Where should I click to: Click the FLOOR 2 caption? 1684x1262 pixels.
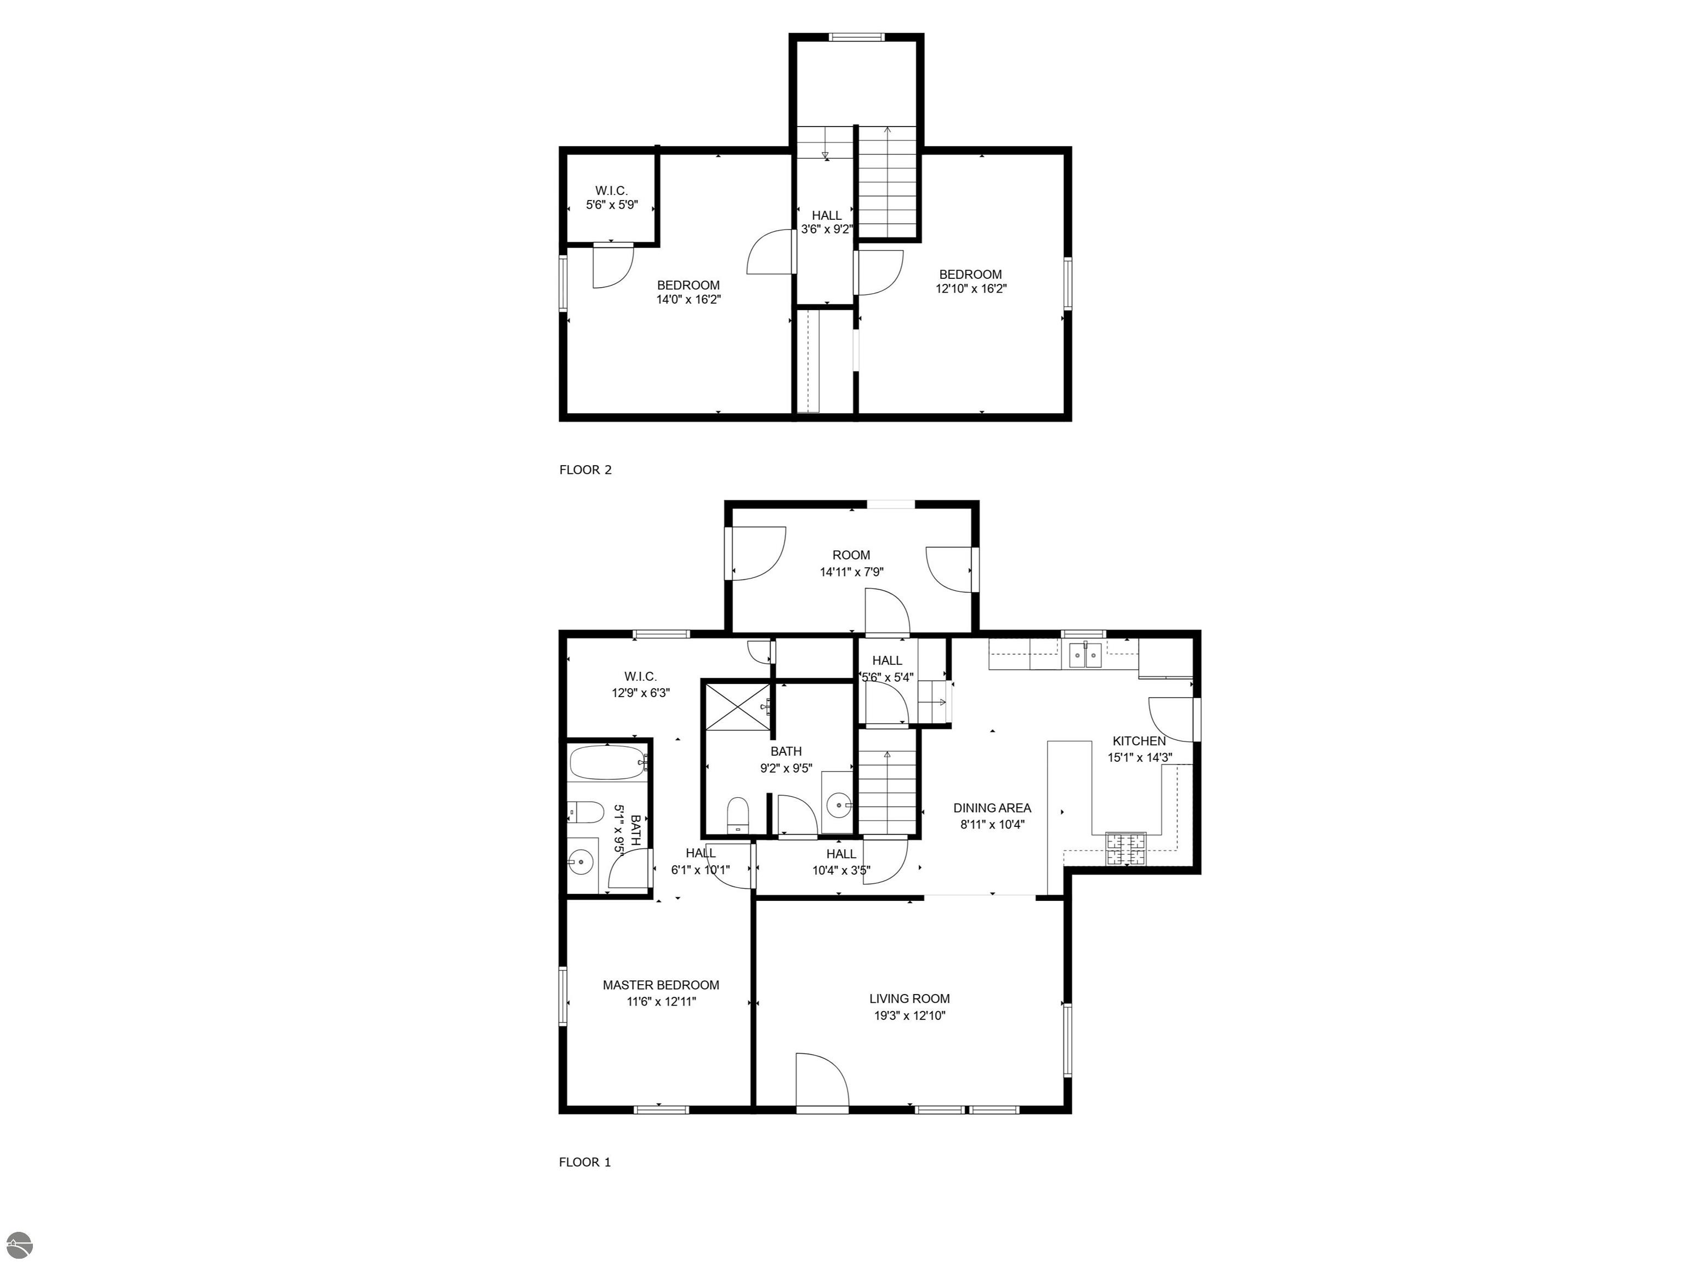pyautogui.click(x=585, y=470)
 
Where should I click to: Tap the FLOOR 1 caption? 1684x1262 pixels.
pyautogui.click(x=585, y=1162)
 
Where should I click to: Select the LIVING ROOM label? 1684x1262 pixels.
pyautogui.click(x=910, y=998)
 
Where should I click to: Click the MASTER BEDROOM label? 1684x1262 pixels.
pyautogui.click(x=661, y=985)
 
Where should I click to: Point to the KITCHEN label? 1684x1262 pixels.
pyautogui.click(x=1139, y=741)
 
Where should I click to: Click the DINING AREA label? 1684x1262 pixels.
pyautogui.click(x=992, y=808)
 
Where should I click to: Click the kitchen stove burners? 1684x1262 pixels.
pyautogui.click(x=1126, y=849)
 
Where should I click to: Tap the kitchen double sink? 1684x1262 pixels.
pyautogui.click(x=1085, y=654)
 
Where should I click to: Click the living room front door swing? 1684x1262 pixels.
pyautogui.click(x=822, y=1080)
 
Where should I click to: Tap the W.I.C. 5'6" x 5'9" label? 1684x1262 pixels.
pyautogui.click(x=611, y=198)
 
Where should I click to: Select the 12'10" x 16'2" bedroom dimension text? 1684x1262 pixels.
pyautogui.click(x=971, y=288)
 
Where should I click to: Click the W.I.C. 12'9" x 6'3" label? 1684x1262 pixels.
pyautogui.click(x=640, y=684)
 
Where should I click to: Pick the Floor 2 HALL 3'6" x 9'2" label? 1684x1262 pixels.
pyautogui.click(x=826, y=222)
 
